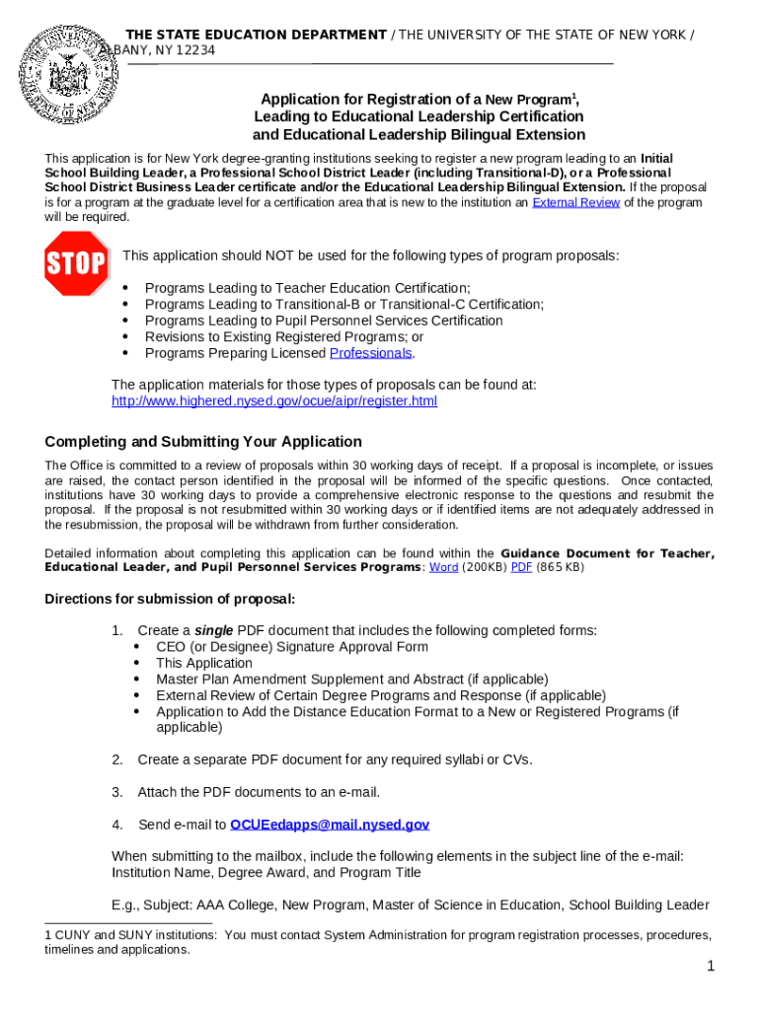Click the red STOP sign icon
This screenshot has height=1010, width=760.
(76, 263)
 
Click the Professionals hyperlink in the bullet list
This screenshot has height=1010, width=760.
(370, 353)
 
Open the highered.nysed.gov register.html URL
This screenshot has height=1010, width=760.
(273, 401)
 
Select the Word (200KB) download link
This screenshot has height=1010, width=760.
(443, 568)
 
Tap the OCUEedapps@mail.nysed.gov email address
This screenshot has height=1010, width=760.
(330, 825)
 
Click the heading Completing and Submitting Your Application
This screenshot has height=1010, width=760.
(203, 442)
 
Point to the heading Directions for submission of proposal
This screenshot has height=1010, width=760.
(170, 600)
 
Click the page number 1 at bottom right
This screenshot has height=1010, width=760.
(710, 968)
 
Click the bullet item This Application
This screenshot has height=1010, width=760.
(204, 664)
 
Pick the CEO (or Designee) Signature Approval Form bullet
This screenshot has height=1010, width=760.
(292, 647)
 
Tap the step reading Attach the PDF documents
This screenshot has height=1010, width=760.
(259, 792)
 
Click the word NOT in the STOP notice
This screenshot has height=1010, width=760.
(282, 256)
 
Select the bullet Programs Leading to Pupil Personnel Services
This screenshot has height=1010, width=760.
(324, 321)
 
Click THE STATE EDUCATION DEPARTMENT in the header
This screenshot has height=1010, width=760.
(256, 36)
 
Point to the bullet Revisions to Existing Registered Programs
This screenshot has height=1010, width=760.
(284, 336)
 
